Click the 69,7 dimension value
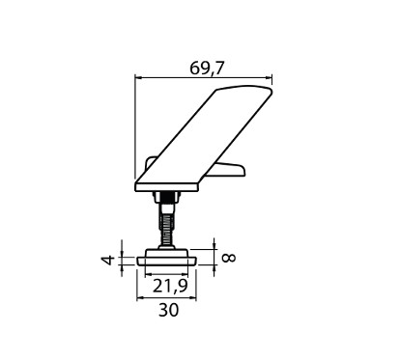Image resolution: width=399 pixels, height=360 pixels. coord(206,69)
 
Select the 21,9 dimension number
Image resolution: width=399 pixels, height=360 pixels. coord(170,286)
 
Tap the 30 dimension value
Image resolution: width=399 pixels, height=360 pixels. coord(168,310)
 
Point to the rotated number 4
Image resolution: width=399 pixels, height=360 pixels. coord(109,260)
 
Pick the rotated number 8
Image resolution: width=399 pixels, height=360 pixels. coord(230,258)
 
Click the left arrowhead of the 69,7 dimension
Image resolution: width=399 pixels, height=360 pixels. coord(139,77)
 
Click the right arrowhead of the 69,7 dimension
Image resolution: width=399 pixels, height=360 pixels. coord(268,77)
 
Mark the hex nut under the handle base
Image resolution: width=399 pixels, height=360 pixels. coord(166,197)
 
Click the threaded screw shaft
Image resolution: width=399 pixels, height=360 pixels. coord(166,225)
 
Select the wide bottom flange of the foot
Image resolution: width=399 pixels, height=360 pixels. coord(167,262)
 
